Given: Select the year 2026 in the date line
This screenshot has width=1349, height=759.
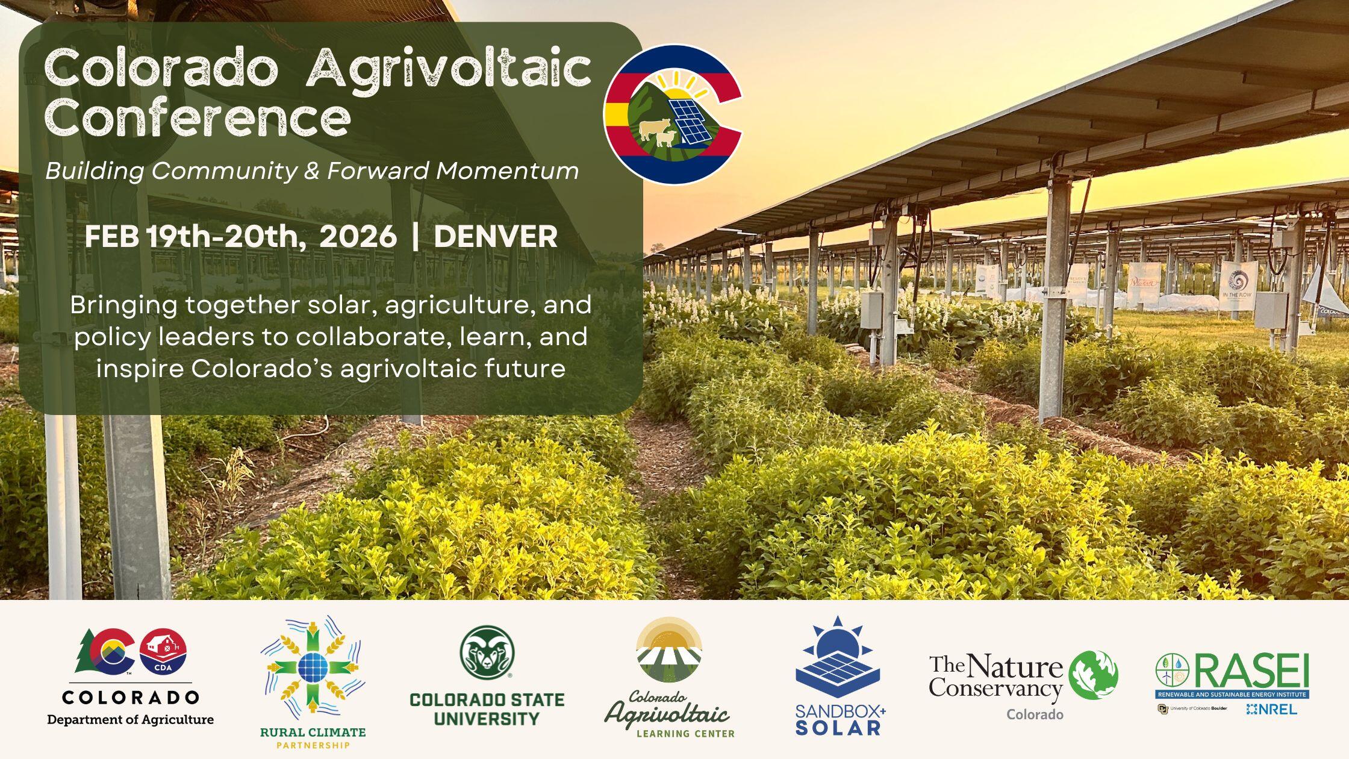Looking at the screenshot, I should click(358, 237).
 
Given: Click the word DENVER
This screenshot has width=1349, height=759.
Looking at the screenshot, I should click(495, 237).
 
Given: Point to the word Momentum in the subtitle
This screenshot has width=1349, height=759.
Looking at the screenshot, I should click(507, 171).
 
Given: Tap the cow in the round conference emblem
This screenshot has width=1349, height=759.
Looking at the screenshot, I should click(654, 128).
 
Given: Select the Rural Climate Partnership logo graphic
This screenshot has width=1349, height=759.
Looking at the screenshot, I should click(313, 666).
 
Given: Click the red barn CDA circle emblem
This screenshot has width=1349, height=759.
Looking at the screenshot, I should click(163, 653).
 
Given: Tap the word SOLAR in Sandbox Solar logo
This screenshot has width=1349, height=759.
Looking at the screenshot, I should click(838, 727).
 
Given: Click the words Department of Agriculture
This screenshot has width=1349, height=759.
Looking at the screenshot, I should click(130, 720).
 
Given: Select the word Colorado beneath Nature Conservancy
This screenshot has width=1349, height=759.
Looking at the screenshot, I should click(1035, 714).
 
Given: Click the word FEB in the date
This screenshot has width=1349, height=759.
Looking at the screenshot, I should click(112, 237).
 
